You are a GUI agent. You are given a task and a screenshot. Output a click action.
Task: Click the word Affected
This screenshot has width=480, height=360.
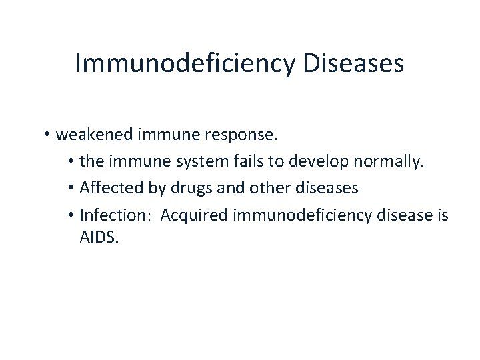pyautogui.click(x=107, y=189)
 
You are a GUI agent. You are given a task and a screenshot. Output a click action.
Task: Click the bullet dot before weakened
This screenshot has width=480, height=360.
pyautogui.click(x=49, y=136)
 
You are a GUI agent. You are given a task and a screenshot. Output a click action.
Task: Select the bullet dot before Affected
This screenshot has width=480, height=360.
pyautogui.click(x=71, y=189)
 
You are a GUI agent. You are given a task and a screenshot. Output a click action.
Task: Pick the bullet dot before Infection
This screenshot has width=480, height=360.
pyautogui.click(x=71, y=216)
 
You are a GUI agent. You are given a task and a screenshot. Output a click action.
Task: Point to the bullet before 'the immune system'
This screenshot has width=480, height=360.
pyautogui.click(x=71, y=163)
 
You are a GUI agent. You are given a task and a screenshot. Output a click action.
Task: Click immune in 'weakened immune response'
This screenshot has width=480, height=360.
pyautogui.click(x=169, y=135)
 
